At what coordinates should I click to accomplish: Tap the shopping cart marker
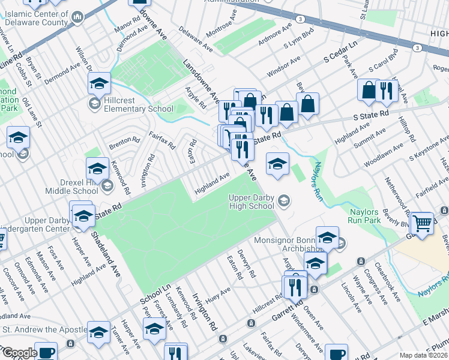[423, 223]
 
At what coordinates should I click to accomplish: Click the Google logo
[19, 353]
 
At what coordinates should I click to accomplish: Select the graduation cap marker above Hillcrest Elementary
[100, 83]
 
